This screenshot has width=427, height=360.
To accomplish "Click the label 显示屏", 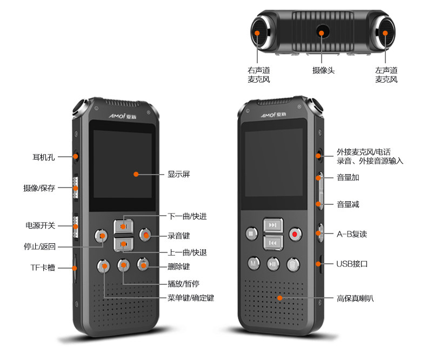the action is tap(178, 174).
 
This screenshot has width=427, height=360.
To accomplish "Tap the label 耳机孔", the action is tap(44, 157).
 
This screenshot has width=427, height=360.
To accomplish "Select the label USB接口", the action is tap(352, 264).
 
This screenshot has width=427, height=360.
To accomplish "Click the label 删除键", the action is tap(178, 266).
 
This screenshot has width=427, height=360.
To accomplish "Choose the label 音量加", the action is tap(348, 177).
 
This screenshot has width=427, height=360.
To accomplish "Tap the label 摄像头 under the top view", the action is tap(323, 70).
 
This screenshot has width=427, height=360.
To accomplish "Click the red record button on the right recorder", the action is tap(295, 234).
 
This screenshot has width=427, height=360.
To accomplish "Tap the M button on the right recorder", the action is tap(253, 264).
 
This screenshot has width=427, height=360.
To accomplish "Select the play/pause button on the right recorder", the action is tap(273, 264).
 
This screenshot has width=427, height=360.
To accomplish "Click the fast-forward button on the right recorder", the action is tap(273, 225).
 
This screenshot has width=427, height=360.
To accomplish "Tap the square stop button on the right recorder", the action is tap(251, 234).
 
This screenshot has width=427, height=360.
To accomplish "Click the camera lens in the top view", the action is tap(322, 33).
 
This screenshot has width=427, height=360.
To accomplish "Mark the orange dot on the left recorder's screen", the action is tap(136, 174).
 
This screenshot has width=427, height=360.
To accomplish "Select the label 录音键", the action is tap(178, 236).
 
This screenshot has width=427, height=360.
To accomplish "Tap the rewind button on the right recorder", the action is tap(273, 243).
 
